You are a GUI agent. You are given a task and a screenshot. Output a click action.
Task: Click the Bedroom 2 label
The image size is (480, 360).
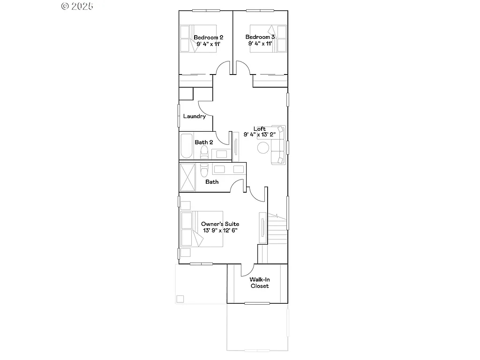pos(208,37)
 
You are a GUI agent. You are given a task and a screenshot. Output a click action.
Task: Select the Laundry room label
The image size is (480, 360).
pos(195,116)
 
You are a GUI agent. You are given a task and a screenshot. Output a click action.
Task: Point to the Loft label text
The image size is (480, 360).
pos(260,128)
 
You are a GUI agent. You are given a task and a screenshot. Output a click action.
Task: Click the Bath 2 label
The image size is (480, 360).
pos(204,142)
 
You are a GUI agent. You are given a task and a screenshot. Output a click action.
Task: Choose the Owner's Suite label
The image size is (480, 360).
pos(220,224)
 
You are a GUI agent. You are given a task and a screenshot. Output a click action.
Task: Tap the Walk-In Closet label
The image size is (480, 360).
pos(259,283)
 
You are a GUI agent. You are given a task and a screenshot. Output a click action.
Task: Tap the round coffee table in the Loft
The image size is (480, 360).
pos(263,148)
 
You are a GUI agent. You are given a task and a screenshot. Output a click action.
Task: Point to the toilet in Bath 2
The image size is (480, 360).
pos(204,152)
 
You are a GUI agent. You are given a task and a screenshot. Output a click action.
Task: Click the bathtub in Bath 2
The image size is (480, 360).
pos(186,146)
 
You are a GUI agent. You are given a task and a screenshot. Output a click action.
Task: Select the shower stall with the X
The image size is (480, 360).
pos(187,177)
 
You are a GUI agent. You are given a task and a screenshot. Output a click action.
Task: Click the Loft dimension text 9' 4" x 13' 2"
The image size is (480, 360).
pos(260,135)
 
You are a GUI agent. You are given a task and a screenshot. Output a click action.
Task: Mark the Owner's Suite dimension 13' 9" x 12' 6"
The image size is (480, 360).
pos(220,231)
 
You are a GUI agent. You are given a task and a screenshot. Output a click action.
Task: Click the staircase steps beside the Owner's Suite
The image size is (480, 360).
pos(277,227)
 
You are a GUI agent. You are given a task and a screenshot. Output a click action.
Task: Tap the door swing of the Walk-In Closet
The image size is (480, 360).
pos(247,270)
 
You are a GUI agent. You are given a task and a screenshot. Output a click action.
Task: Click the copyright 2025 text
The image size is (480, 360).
pos(77,6)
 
